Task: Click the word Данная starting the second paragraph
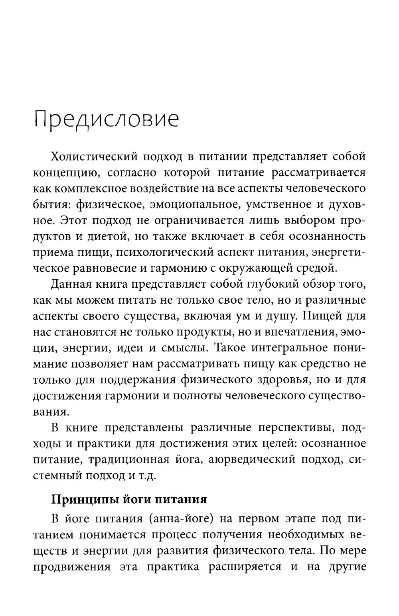pyautogui.click(x=72, y=284)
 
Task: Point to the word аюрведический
pyautogui.click(x=251, y=459)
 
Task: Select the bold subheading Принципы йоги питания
pyautogui.click(x=129, y=500)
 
